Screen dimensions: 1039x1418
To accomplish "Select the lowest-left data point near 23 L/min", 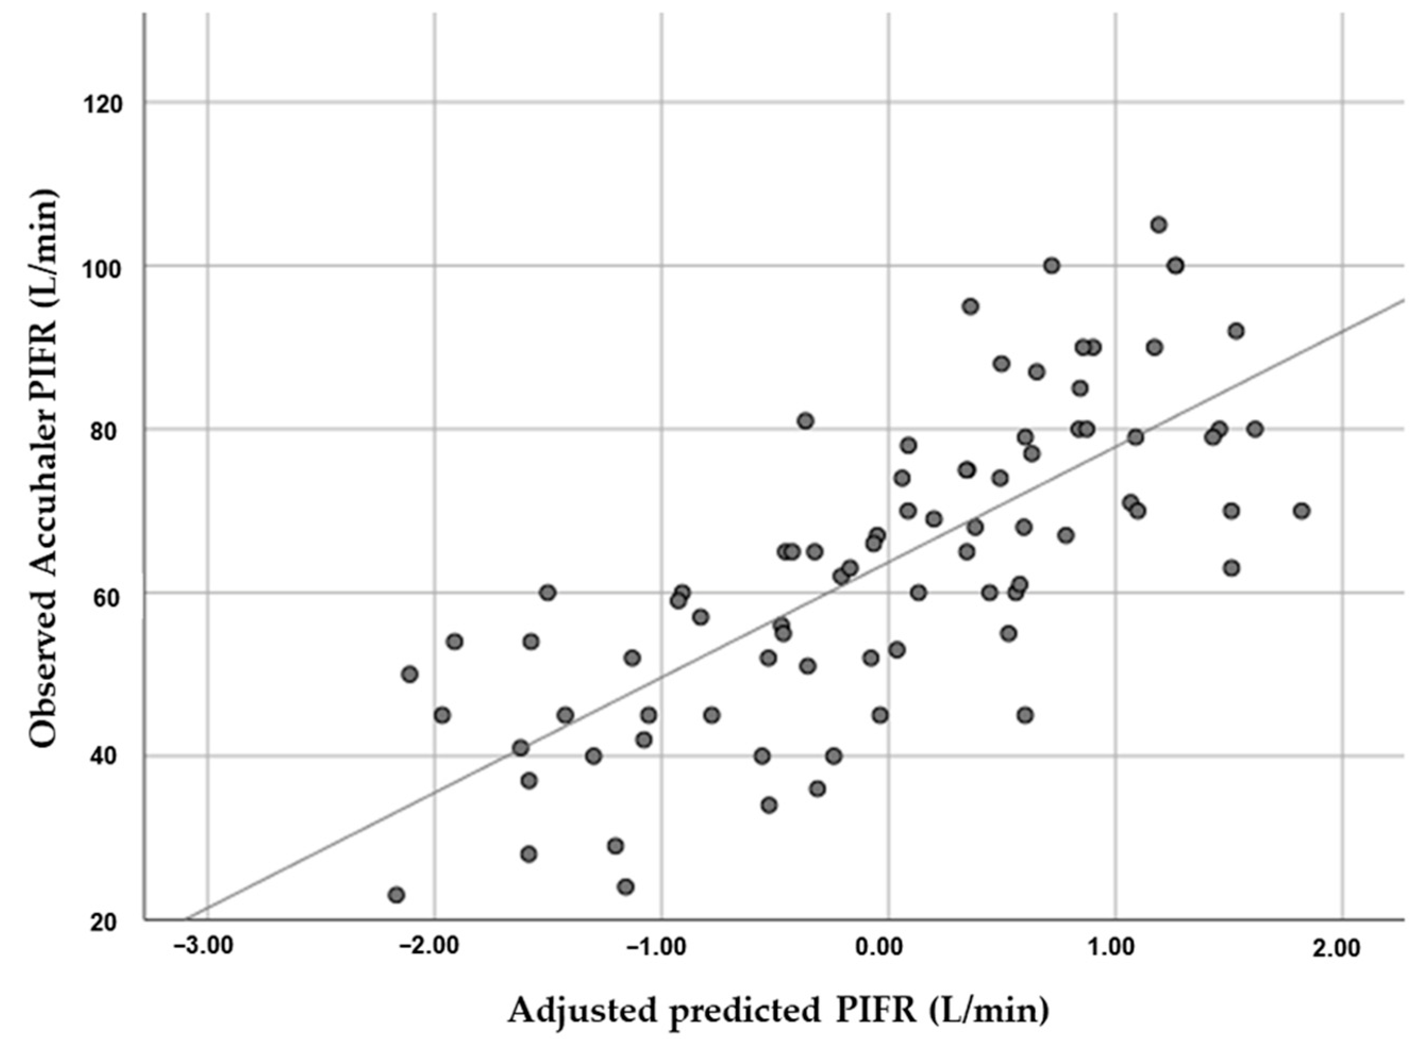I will (x=396, y=895).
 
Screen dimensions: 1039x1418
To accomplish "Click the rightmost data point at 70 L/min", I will (x=1302, y=511).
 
